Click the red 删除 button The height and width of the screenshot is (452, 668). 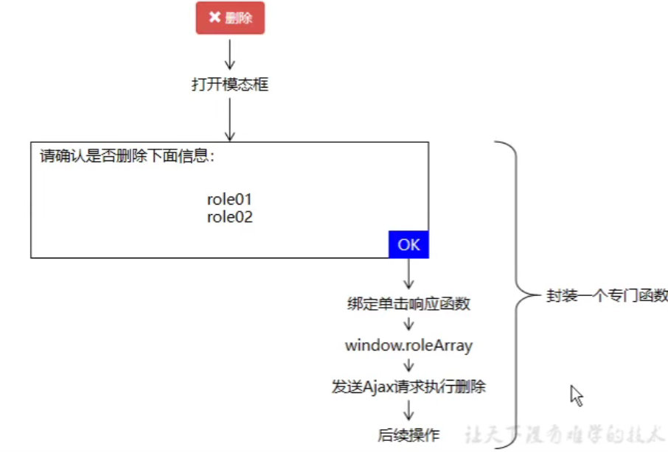point(230,18)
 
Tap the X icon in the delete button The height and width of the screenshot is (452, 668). point(215,17)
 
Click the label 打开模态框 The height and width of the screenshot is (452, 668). point(230,85)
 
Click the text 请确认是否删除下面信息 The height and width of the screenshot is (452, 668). point(127,156)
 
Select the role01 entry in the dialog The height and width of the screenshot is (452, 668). point(230,199)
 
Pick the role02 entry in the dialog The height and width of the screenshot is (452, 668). point(230,216)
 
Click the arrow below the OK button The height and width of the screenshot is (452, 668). point(408,275)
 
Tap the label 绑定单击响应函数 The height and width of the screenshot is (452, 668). point(408,303)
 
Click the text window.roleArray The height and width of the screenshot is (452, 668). point(408,345)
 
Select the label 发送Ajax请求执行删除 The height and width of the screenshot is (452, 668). point(408,386)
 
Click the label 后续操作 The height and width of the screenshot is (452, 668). point(408,435)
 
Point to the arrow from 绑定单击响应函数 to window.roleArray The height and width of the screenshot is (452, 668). point(408,325)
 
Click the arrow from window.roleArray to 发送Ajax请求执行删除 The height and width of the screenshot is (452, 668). point(408,366)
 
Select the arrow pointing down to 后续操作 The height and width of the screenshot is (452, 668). point(408,410)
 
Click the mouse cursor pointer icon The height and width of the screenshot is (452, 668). point(576,395)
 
